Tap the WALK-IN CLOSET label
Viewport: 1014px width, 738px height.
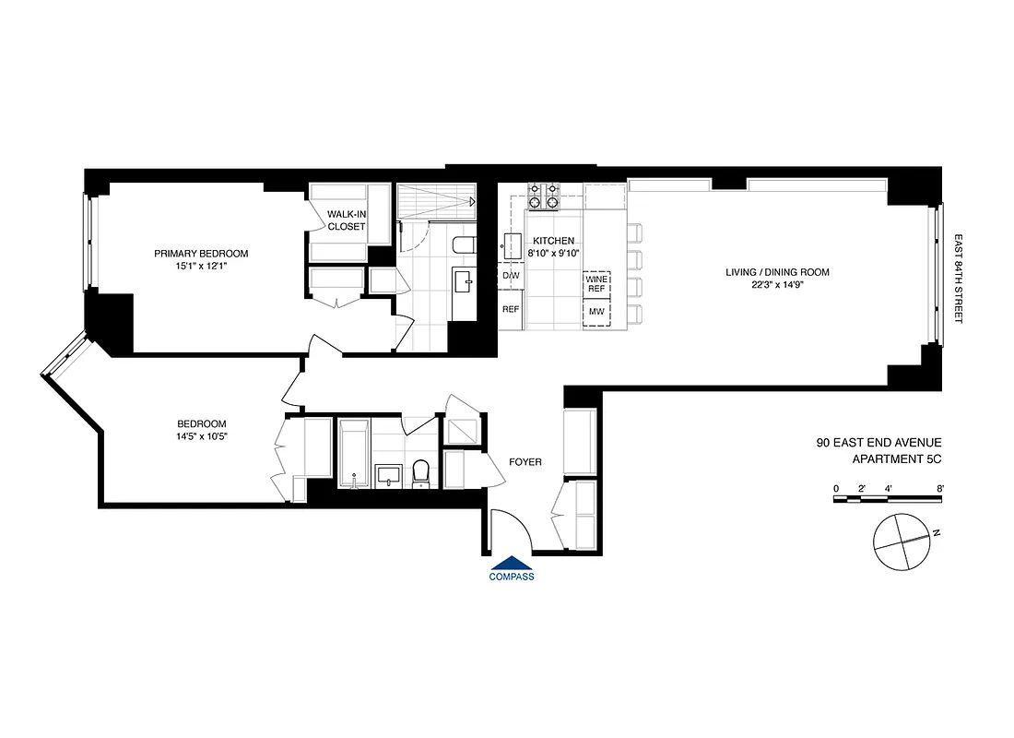(347, 220)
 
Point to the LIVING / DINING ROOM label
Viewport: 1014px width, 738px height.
(778, 272)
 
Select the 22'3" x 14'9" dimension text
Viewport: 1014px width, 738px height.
(778, 286)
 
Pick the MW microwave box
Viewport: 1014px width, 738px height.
(596, 314)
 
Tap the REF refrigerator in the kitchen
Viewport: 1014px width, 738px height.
(511, 310)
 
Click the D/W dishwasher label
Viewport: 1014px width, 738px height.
(511, 275)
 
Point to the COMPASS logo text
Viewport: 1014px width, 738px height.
(512, 577)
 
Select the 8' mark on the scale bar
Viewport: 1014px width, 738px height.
(939, 487)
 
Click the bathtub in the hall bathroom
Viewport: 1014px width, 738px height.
(355, 453)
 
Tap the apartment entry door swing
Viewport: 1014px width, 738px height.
(510, 532)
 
